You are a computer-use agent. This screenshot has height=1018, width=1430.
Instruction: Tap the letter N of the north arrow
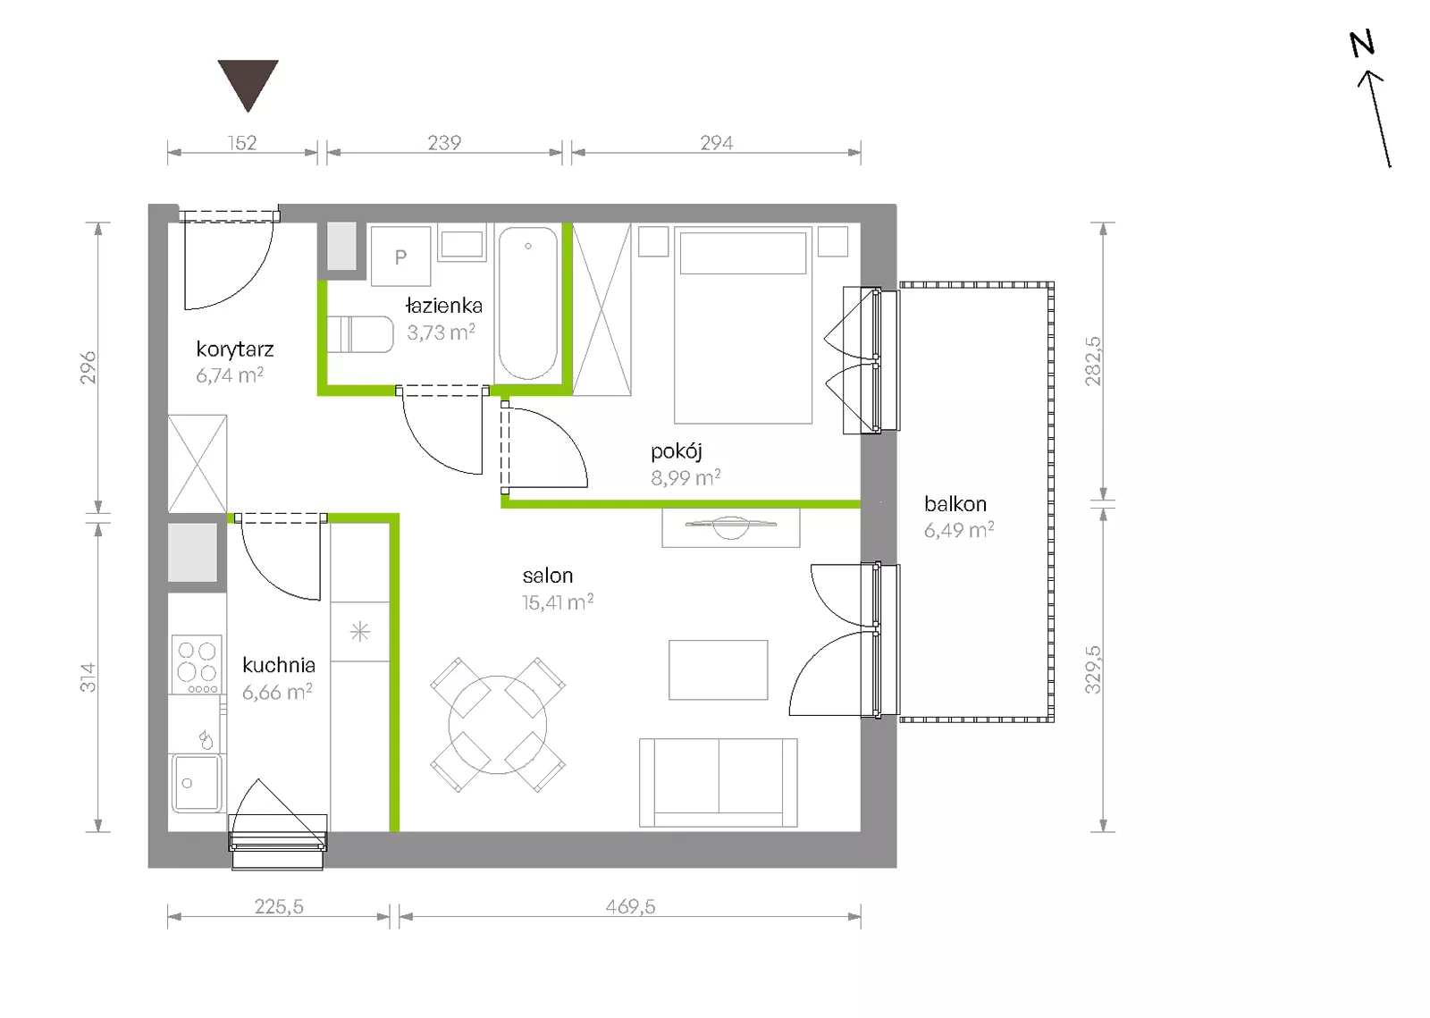(1361, 45)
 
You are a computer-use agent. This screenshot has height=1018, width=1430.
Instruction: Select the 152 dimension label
(242, 143)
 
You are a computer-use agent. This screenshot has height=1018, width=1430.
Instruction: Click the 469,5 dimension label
(630, 906)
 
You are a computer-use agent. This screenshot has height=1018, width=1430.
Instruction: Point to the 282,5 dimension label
(1094, 361)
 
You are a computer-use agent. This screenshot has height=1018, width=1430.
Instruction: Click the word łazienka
(443, 306)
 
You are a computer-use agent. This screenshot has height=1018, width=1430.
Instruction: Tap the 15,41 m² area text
(558, 602)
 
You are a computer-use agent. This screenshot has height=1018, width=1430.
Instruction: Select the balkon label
(955, 504)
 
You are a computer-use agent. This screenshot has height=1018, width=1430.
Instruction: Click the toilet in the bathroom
(360, 333)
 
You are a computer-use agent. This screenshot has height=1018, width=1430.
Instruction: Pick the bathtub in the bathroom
(528, 303)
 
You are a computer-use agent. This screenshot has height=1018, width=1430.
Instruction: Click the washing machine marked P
(400, 256)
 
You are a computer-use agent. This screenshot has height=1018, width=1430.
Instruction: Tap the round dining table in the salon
(497, 725)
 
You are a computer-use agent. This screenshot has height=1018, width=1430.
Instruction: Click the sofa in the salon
(719, 783)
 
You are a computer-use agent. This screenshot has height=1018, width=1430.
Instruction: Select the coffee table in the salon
(719, 669)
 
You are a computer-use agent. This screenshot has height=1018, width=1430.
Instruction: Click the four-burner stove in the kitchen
(197, 664)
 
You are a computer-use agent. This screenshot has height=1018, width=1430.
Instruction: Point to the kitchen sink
(197, 782)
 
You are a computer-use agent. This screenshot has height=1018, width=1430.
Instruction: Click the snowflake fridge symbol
(360, 632)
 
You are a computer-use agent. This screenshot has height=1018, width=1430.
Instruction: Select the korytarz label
(235, 349)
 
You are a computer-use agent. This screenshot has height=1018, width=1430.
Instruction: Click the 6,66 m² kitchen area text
(277, 692)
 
